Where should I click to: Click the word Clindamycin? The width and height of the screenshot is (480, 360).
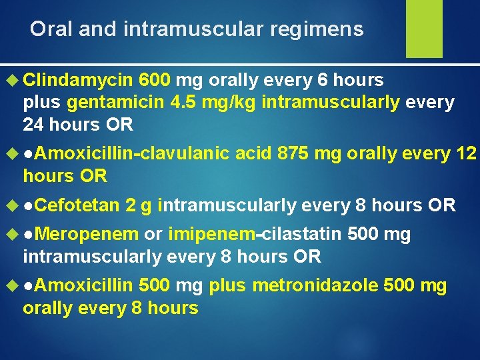click(x=79, y=81)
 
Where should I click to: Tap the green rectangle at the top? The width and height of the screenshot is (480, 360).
click(x=424, y=28)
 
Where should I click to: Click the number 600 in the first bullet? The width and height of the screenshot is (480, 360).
click(x=157, y=81)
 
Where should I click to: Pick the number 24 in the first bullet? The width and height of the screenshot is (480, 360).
click(x=33, y=125)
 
